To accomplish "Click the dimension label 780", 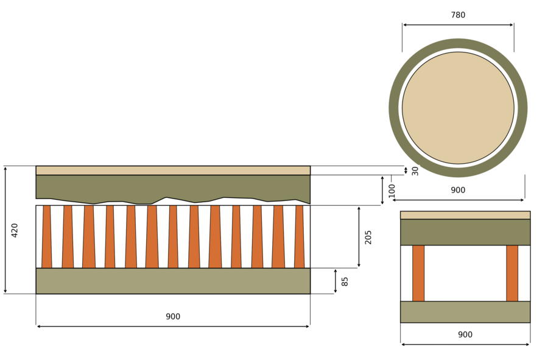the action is (x=458, y=15).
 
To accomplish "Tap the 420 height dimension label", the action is (x=15, y=230).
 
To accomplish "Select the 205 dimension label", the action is (x=368, y=237).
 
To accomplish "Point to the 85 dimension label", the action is (x=345, y=281).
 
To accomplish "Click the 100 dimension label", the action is (x=392, y=191).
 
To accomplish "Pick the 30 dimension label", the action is (x=415, y=171).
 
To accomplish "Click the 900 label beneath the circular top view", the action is (x=458, y=190).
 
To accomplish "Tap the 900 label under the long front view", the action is (x=173, y=317).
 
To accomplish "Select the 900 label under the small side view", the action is (x=465, y=335).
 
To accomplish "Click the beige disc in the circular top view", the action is (x=458, y=108).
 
